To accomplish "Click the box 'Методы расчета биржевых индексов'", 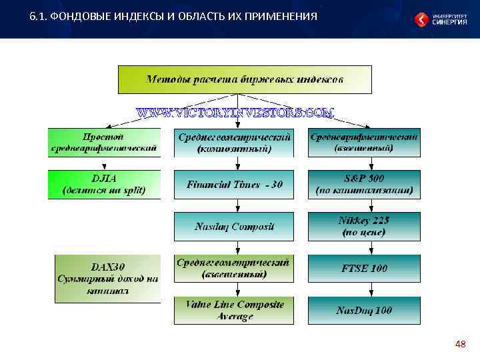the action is tap(245, 79).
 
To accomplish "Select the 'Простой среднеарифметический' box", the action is tap(104, 143).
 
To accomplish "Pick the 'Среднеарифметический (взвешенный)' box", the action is tap(364, 143).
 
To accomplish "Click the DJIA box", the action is tap(104, 185).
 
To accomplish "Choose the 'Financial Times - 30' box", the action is tap(234, 185).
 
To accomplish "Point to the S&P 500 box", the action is tap(364, 185).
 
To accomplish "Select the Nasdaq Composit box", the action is tap(234, 227).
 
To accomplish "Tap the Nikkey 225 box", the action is tap(364, 227).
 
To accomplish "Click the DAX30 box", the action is tap(107, 279).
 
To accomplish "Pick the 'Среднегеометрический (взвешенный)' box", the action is tap(234, 268).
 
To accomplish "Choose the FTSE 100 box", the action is tap(364, 268).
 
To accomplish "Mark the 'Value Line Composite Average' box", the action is tap(234, 310).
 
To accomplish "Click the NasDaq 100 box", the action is tap(364, 310).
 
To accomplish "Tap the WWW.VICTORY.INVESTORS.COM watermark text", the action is tap(235, 113).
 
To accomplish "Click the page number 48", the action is tap(459, 344).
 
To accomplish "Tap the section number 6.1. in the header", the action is tap(37, 16).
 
